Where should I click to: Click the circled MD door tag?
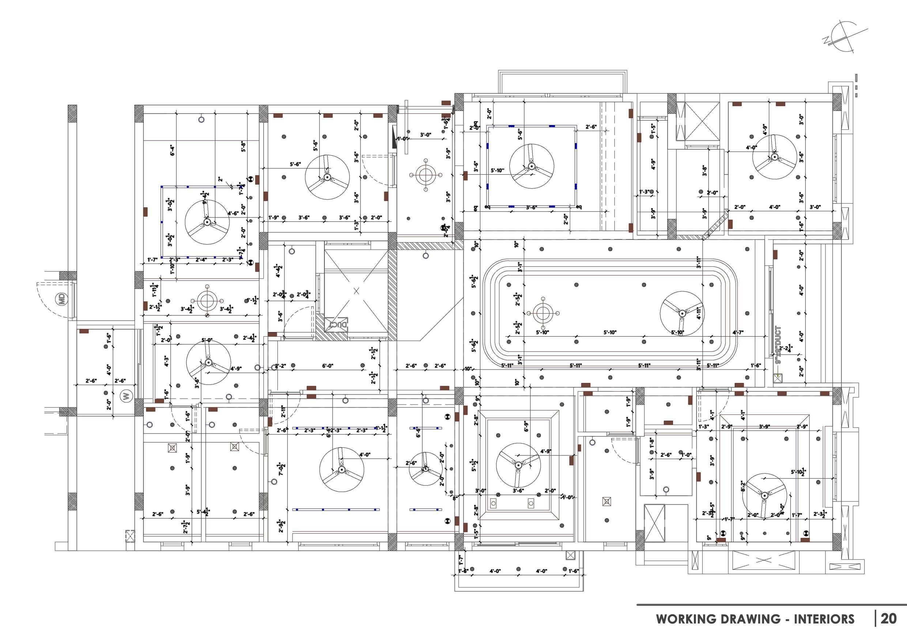(x=62, y=299)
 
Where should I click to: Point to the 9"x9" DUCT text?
(x=778, y=345)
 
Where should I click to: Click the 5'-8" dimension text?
(x=244, y=147)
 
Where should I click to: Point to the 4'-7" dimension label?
(x=737, y=333)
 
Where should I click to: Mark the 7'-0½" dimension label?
(x=281, y=469)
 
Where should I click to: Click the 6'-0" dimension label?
(x=328, y=366)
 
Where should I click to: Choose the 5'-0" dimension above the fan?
(x=207, y=340)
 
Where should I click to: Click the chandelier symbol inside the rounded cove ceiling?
(x=543, y=313)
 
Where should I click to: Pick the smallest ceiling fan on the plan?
(x=426, y=469)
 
